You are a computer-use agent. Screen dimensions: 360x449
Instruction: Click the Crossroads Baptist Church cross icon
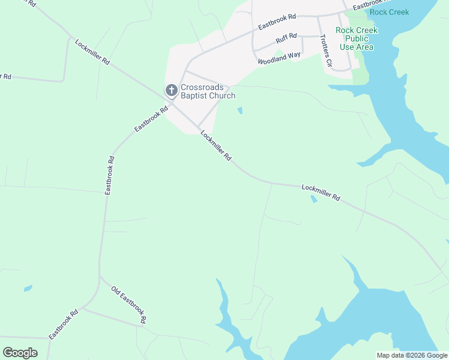[x=171, y=91]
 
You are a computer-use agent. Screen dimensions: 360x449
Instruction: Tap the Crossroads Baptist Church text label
[x=208, y=91]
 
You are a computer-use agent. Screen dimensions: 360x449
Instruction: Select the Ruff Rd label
[x=286, y=39]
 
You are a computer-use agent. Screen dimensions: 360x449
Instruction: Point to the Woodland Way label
[x=279, y=58]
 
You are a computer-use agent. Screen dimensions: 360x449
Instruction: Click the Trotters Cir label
[x=326, y=49]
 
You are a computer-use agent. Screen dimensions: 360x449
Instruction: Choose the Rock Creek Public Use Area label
[x=356, y=38]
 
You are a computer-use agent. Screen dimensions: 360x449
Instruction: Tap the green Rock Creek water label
[x=389, y=12]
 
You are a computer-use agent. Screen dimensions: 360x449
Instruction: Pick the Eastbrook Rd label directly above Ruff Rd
[x=277, y=22]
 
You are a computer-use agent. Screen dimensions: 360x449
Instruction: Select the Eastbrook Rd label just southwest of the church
[x=151, y=119]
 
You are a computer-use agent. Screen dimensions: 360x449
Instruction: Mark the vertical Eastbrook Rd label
[x=109, y=175]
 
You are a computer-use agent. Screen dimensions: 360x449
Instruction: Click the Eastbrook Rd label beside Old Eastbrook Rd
[x=64, y=325]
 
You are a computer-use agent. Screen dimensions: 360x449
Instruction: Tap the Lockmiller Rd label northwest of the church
[x=93, y=52]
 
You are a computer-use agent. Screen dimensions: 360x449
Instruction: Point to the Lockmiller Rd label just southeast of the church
[x=216, y=146]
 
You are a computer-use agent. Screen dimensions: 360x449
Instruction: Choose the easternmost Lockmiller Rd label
[x=321, y=192]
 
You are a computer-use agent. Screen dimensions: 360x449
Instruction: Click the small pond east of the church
[x=240, y=110]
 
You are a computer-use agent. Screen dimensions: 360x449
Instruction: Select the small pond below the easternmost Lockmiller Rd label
[x=313, y=199]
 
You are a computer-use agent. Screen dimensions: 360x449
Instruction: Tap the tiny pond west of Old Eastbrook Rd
[x=28, y=289]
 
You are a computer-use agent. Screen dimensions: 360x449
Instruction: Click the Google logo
[x=20, y=353]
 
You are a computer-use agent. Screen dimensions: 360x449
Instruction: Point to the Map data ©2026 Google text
[x=412, y=355]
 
